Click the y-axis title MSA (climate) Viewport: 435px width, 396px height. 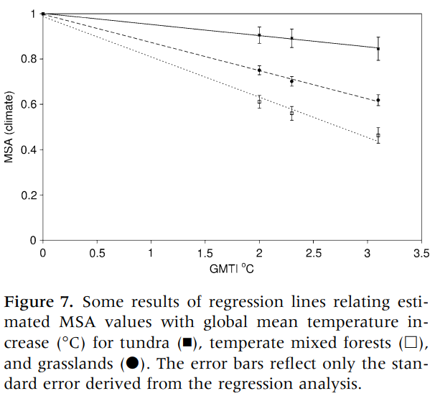point(9,126)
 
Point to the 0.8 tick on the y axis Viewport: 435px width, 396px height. point(27,59)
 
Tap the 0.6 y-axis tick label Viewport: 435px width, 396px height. point(27,104)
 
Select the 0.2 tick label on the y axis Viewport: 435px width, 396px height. point(27,195)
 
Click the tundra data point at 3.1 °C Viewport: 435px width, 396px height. point(378,49)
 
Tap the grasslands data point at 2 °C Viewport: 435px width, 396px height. point(259,70)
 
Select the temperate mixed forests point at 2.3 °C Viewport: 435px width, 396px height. point(291,113)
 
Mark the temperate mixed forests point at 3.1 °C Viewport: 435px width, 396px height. point(378,135)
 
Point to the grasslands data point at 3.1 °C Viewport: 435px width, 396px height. point(378,100)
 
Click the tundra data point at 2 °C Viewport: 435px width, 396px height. point(259,35)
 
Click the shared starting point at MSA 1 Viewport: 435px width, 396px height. point(43,14)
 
